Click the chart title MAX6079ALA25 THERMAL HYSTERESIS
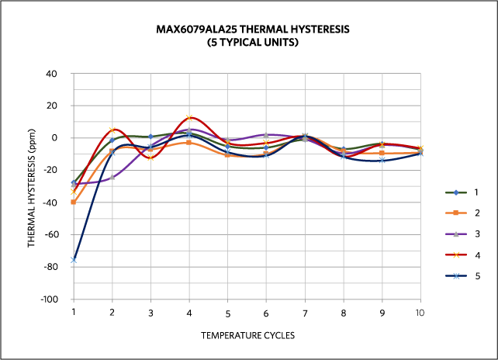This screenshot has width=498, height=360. tap(253, 29)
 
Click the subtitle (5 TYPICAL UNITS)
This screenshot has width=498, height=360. tap(253, 43)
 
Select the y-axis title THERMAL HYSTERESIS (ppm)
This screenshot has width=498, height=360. tap(31, 186)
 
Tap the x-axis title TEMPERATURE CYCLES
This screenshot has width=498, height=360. tap(247, 336)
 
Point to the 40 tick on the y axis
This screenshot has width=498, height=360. tap(53, 74)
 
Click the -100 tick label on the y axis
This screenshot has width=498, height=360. tap(50, 299)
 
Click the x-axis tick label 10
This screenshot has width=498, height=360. tap(420, 312)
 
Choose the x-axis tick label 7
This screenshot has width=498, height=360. tap(305, 313)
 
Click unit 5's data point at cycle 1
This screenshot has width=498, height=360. tap(74, 260)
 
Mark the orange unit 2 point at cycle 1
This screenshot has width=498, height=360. tap(74, 202)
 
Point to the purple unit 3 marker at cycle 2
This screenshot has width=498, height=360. tap(112, 177)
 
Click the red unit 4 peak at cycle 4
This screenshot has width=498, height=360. tap(189, 118)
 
